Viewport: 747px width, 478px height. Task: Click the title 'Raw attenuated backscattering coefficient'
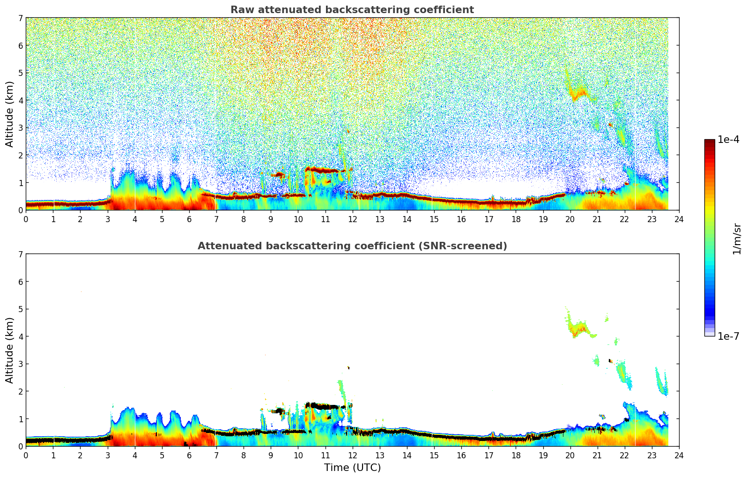(x=352, y=10)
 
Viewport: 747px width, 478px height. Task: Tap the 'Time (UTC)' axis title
(x=352, y=468)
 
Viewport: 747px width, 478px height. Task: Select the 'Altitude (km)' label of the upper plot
(x=10, y=114)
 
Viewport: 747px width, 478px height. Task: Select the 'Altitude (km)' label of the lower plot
(x=10, y=350)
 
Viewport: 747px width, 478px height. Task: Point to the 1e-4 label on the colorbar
(x=728, y=140)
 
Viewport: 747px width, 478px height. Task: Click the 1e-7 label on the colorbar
(x=728, y=336)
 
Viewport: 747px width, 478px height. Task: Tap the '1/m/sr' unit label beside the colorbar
(x=737, y=238)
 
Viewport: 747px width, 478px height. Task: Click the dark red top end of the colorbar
(x=710, y=142)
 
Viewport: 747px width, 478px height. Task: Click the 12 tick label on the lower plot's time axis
(x=352, y=455)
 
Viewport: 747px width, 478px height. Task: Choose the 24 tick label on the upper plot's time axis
(x=679, y=219)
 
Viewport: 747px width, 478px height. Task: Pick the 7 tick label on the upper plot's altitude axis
(x=21, y=18)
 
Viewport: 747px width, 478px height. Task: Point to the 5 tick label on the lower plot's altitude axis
(x=21, y=309)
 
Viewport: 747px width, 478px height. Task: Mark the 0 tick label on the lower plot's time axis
(x=26, y=455)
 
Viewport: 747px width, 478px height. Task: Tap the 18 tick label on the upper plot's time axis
(x=516, y=219)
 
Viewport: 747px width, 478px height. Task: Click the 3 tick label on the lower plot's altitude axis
(x=21, y=364)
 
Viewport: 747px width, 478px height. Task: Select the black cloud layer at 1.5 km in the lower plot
(x=323, y=406)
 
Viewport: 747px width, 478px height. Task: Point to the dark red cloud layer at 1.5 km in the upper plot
(x=323, y=170)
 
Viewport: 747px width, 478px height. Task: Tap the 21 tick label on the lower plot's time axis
(x=597, y=455)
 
